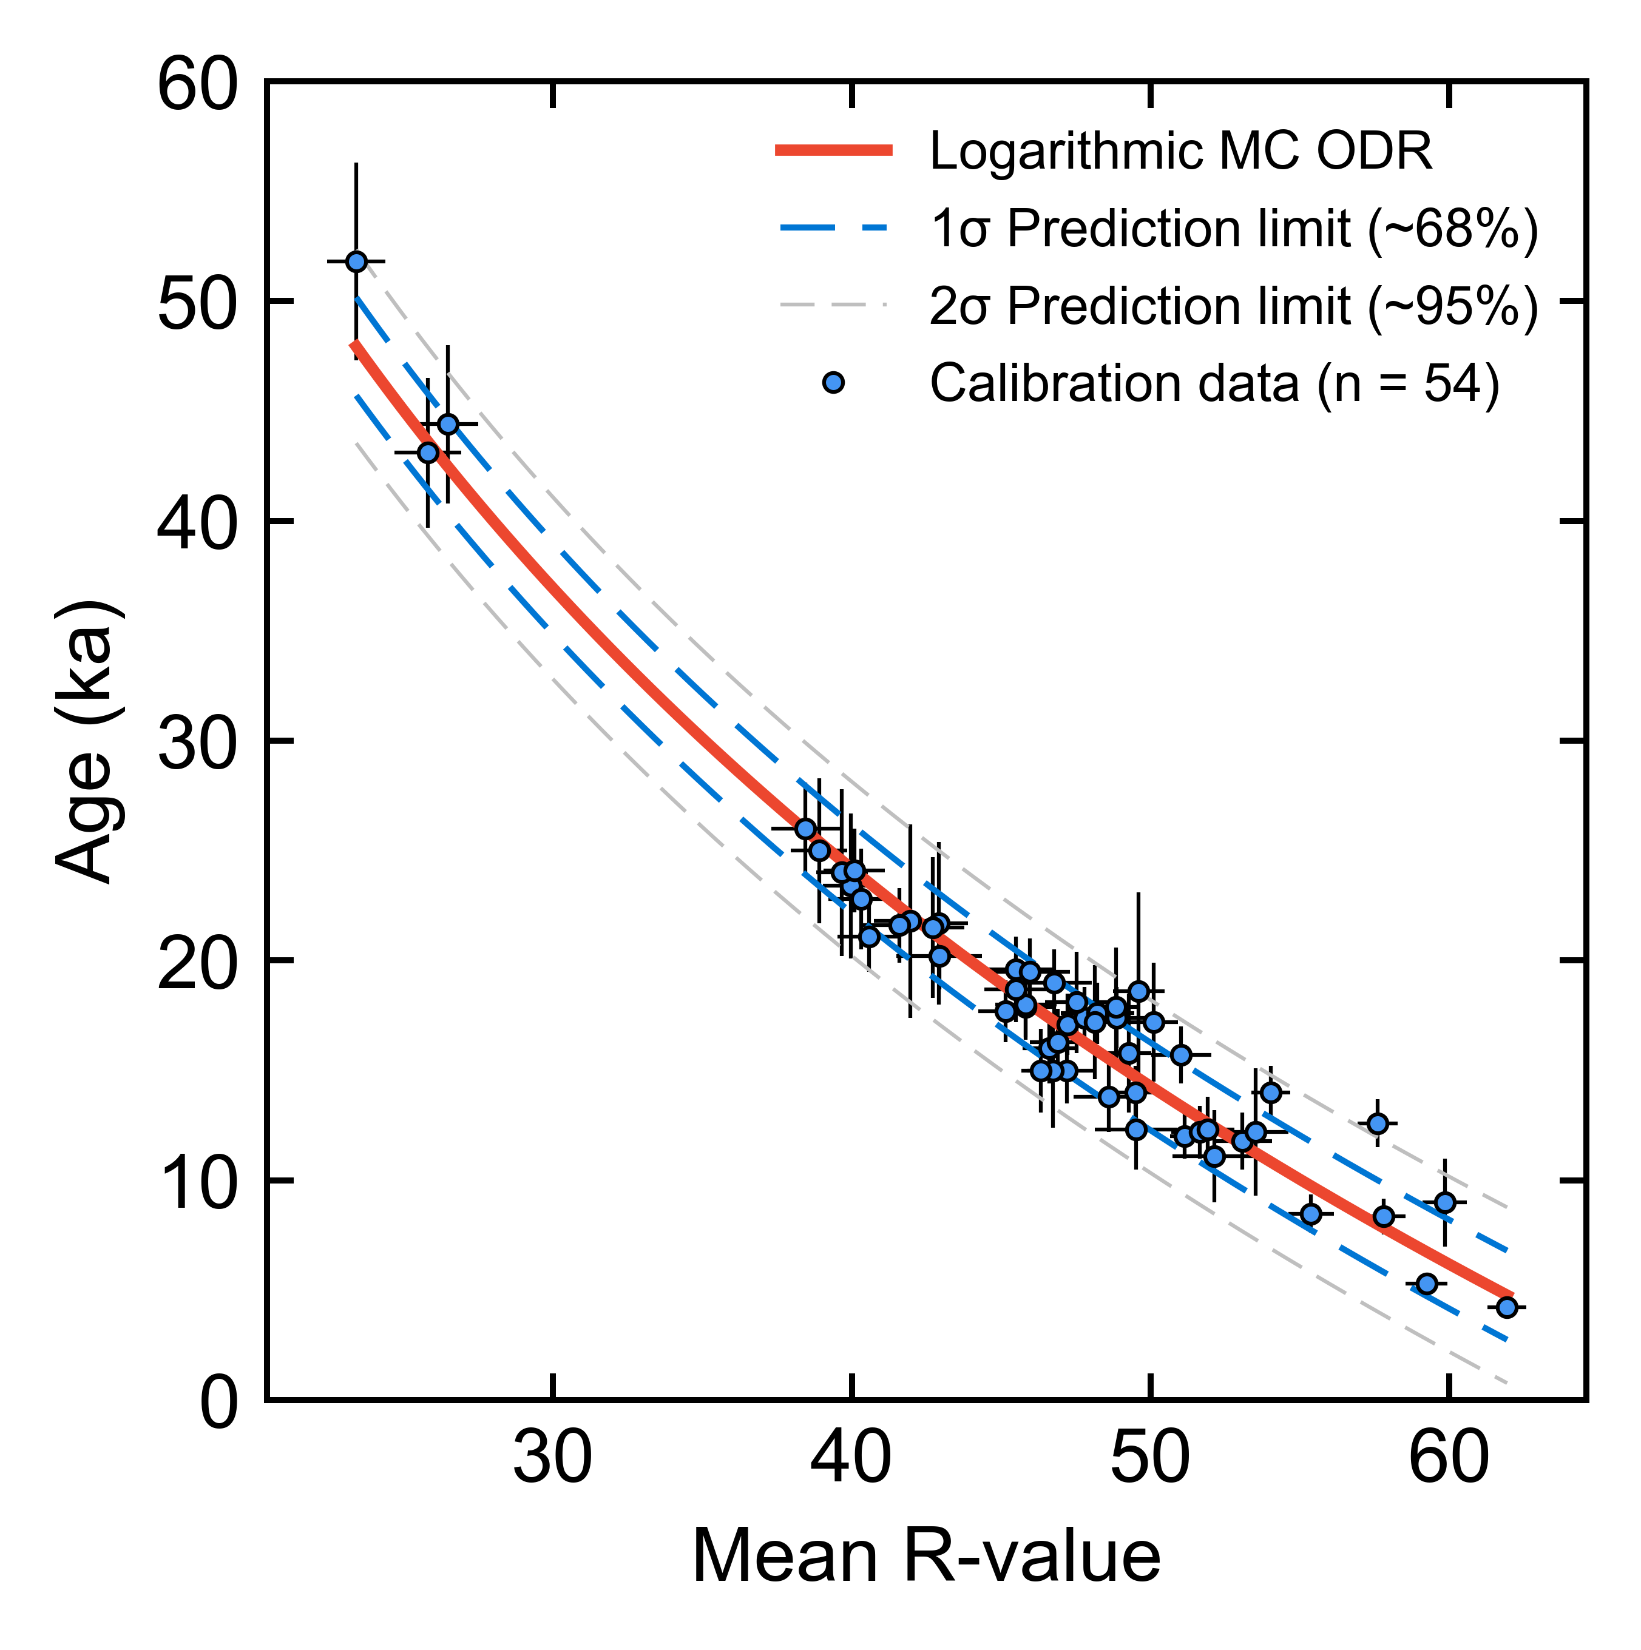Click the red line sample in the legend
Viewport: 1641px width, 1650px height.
pos(834,151)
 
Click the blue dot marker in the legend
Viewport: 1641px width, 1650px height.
pos(833,383)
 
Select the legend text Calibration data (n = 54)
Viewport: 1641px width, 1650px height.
pos(1215,383)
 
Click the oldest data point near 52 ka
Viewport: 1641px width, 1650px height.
pos(356,261)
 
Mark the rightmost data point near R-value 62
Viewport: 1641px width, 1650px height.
pos(1507,1307)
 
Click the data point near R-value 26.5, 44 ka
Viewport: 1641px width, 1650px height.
pos(448,425)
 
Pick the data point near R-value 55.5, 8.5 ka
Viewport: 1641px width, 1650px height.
pos(1310,1214)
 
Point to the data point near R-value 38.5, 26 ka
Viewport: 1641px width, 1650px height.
pos(805,829)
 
